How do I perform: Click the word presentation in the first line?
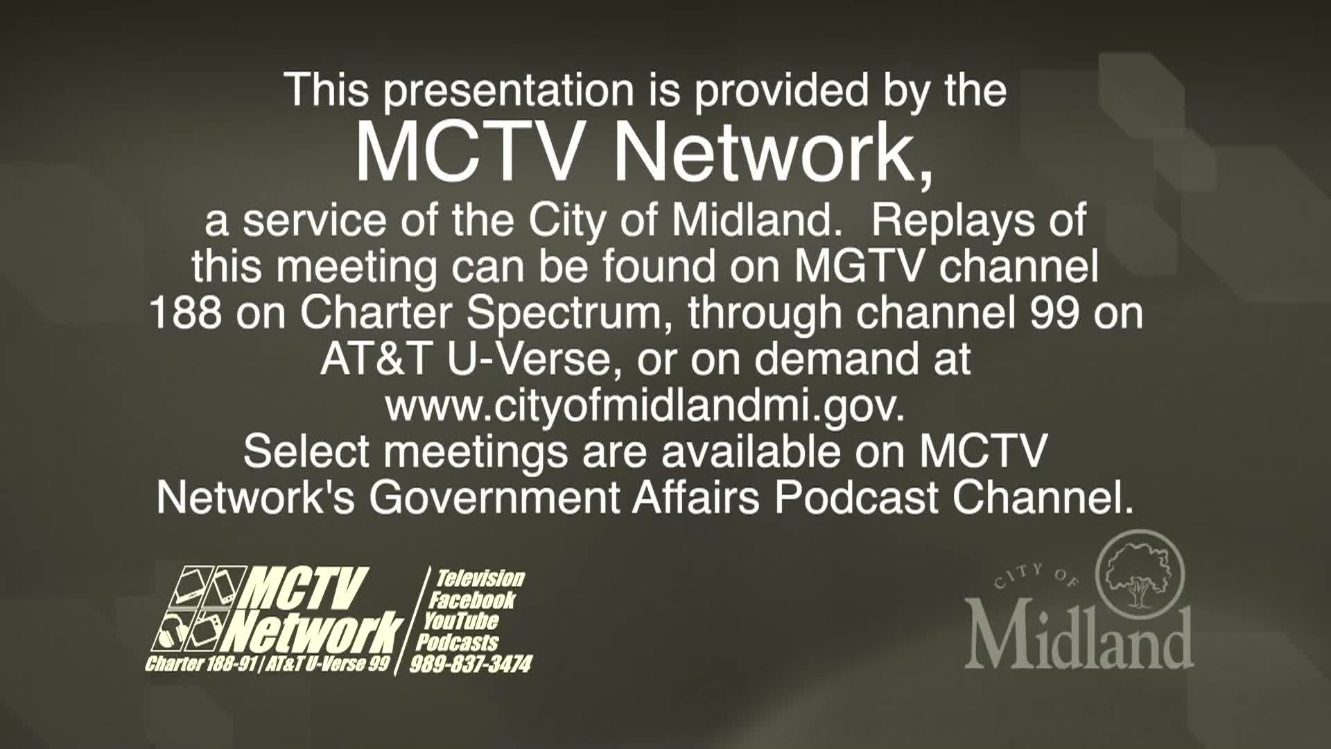[x=509, y=92]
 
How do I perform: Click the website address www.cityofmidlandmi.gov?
[x=645, y=406]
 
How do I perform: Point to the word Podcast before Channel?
[x=856, y=498]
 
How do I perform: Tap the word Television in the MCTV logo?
[x=479, y=578]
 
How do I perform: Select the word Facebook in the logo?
[x=472, y=600]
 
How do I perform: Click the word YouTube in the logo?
[x=462, y=621]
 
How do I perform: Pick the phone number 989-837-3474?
[x=471, y=664]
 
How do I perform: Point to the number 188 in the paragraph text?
[x=186, y=313]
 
